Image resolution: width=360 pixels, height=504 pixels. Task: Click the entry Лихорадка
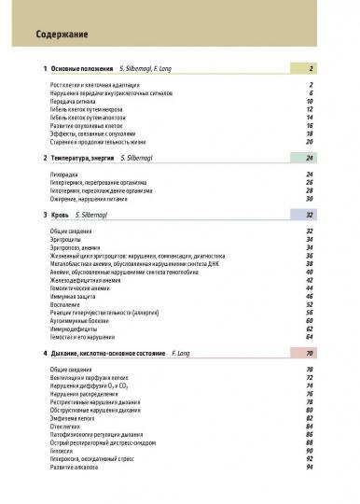[x=62, y=174]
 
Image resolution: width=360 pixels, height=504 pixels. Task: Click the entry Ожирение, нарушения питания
[x=88, y=198]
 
